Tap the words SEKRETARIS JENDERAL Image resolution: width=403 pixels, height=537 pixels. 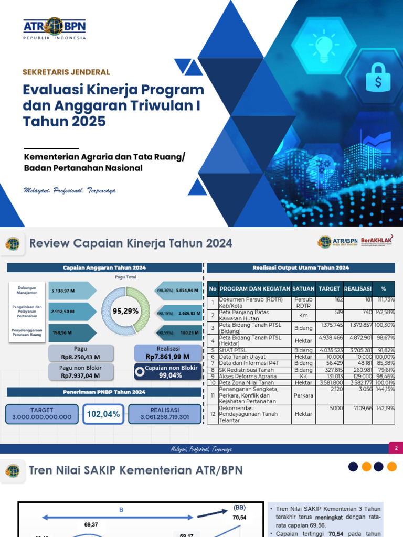pyautogui.click(x=66, y=72)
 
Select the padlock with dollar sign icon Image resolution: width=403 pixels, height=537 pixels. pyautogui.click(x=377, y=77)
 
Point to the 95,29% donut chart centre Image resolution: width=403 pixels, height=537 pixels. pyautogui.click(x=125, y=311)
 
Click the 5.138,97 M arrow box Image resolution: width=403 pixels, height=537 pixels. pyautogui.click(x=71, y=289)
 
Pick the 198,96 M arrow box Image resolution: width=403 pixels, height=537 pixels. pyautogui.click(x=71, y=332)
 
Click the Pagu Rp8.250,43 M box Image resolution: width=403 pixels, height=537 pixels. pyautogui.click(x=80, y=352)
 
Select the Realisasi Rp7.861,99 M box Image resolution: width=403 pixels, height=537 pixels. pyautogui.click(x=167, y=352)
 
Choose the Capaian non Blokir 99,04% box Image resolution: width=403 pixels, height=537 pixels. pyautogui.click(x=167, y=371)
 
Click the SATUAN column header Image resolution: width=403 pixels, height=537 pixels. pyautogui.click(x=303, y=288)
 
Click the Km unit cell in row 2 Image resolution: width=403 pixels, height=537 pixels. pyautogui.click(x=303, y=316)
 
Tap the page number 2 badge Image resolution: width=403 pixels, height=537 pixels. pyautogui.click(x=395, y=448)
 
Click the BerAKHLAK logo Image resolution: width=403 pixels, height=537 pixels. pyautogui.click(x=376, y=241)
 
